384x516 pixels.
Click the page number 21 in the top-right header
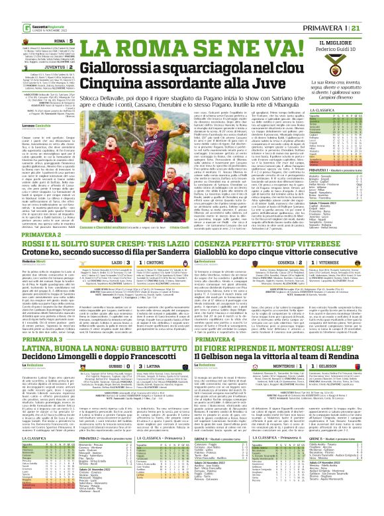point(373,27)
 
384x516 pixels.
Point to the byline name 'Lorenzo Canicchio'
point(33,125)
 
